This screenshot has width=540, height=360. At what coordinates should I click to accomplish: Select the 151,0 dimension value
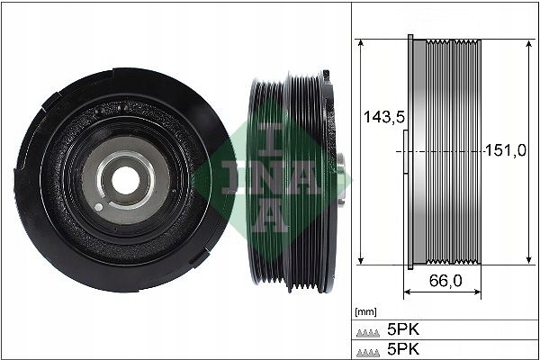click(505, 151)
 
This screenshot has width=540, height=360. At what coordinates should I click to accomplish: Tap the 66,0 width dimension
click(445, 281)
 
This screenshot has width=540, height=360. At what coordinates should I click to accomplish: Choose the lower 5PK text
click(408, 347)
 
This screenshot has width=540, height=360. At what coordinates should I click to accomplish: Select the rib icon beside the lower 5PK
click(368, 348)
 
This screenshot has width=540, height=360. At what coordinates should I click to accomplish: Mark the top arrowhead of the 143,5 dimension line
click(360, 44)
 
